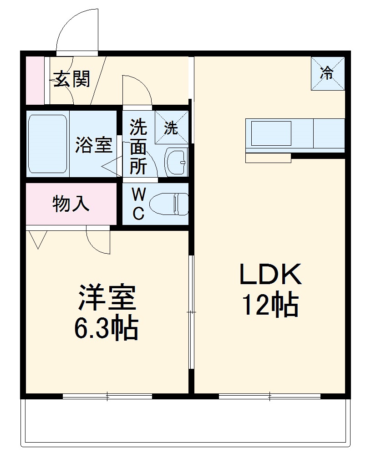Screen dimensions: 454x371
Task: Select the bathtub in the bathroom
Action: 47,144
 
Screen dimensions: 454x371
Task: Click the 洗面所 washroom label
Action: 138,147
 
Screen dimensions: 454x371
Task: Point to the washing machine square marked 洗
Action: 171,127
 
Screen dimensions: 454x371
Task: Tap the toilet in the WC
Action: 168,203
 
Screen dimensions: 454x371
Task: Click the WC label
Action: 138,204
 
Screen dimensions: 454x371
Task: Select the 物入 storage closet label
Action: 71,204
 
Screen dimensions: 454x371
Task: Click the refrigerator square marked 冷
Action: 327,73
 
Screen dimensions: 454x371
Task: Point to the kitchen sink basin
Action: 270,133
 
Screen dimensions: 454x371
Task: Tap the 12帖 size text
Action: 270,305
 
